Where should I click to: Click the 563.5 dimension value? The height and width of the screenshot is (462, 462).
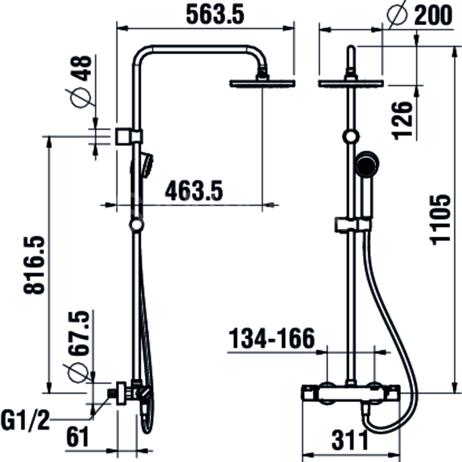215,15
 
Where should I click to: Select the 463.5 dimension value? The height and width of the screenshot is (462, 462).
194,191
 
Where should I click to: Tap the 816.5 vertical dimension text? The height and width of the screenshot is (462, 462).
34,265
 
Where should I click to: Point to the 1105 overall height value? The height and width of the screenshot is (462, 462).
440,220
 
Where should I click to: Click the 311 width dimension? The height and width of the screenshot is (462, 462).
350,440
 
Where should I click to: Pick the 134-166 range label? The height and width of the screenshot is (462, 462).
272,338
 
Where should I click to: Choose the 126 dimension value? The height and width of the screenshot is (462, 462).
402,121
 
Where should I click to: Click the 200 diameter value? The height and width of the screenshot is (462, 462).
434,15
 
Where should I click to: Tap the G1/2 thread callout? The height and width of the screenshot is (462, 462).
25,421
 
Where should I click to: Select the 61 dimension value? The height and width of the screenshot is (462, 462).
77,437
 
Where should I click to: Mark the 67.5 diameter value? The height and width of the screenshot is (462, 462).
79,333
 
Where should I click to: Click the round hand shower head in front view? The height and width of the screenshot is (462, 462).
366,164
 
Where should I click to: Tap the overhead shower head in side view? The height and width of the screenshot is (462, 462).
262,83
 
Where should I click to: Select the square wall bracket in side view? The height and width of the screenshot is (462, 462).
123,137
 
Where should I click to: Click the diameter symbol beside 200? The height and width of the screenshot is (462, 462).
397,15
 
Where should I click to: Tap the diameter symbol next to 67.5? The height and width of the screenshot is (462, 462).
78,373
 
